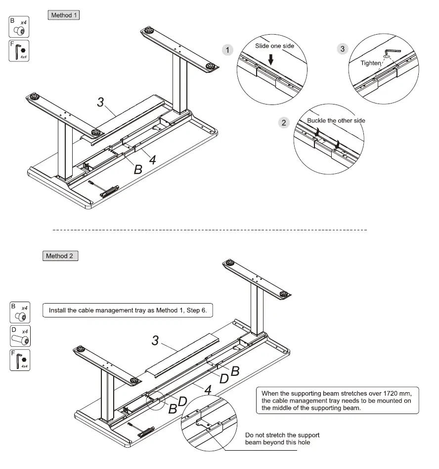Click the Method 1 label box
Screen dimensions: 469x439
64,15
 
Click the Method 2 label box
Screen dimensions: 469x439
60,256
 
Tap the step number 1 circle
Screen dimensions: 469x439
227,50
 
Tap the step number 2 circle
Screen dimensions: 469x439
284,123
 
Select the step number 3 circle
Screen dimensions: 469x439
342,49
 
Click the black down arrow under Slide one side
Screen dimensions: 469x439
271,59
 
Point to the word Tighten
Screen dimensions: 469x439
371,63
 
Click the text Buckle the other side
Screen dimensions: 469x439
336,120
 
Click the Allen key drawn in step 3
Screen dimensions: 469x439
393,52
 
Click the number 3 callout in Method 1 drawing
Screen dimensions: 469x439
100,102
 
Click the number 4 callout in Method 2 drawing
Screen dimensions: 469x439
208,389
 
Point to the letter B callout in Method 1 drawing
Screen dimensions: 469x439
138,169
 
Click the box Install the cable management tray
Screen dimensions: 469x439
128,311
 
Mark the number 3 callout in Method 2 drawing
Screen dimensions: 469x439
155,341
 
